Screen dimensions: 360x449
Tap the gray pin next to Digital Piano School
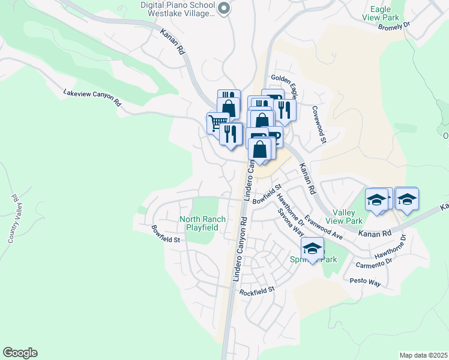coord(224,8)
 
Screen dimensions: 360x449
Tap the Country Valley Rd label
coord(16,219)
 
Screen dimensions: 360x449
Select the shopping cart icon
coord(216,123)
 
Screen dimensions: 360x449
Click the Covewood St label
coord(318,125)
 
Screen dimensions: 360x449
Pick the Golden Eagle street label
coord(284,82)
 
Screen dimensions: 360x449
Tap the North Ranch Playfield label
coord(203,223)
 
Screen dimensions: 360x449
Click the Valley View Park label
coord(345,217)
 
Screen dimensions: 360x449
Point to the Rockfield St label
coord(256,291)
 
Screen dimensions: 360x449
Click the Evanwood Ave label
coord(324,228)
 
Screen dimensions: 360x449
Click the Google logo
coord(20,353)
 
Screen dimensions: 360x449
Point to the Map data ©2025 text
coord(423,355)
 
